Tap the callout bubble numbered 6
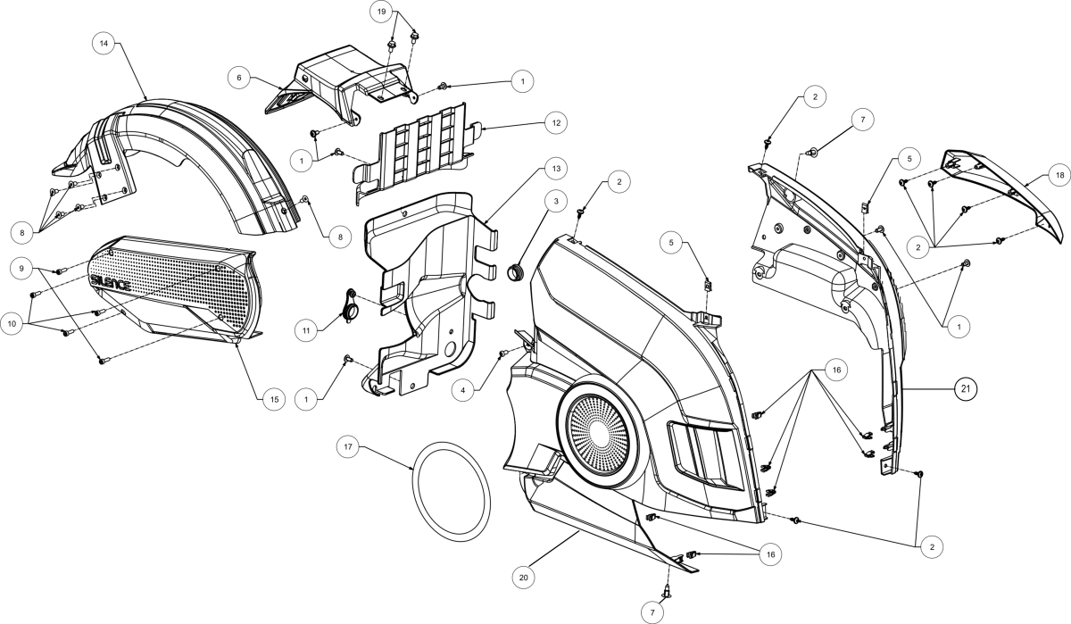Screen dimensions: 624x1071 tap(239, 79)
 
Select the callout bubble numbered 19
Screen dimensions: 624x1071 tap(381, 12)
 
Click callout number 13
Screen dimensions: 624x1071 tap(555, 169)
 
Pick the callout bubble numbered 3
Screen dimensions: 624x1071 tap(555, 203)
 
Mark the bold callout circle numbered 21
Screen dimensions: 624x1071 tap(965, 388)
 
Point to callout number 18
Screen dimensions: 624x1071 tap(1059, 176)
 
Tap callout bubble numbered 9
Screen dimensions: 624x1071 tap(22, 266)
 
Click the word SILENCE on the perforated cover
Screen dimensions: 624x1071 tap(111, 283)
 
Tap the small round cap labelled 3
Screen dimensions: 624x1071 tap(514, 271)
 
